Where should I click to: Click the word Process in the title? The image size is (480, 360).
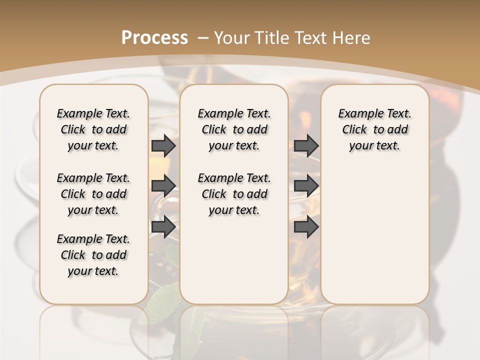coord(154,38)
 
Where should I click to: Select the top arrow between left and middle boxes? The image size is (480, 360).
coord(163,146)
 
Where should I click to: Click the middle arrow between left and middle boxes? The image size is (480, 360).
coord(163,186)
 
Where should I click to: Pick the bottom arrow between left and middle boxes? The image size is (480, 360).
coord(163,227)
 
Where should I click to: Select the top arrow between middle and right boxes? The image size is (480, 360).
coord(306,146)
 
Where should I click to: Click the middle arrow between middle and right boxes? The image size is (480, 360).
coord(306,186)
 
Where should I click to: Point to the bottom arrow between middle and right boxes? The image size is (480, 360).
coord(306,227)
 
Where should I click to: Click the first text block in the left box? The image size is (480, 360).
coord(93,129)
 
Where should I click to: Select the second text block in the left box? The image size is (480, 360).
coord(93,194)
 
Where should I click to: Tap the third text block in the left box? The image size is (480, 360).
coord(93,255)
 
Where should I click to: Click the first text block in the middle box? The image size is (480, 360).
coord(234,129)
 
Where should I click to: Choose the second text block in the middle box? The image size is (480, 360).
coord(234,194)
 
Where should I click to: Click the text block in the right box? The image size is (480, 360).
coord(375,129)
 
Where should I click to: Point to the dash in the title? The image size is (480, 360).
coord(203,38)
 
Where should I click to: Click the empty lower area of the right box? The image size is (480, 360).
coord(375,240)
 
